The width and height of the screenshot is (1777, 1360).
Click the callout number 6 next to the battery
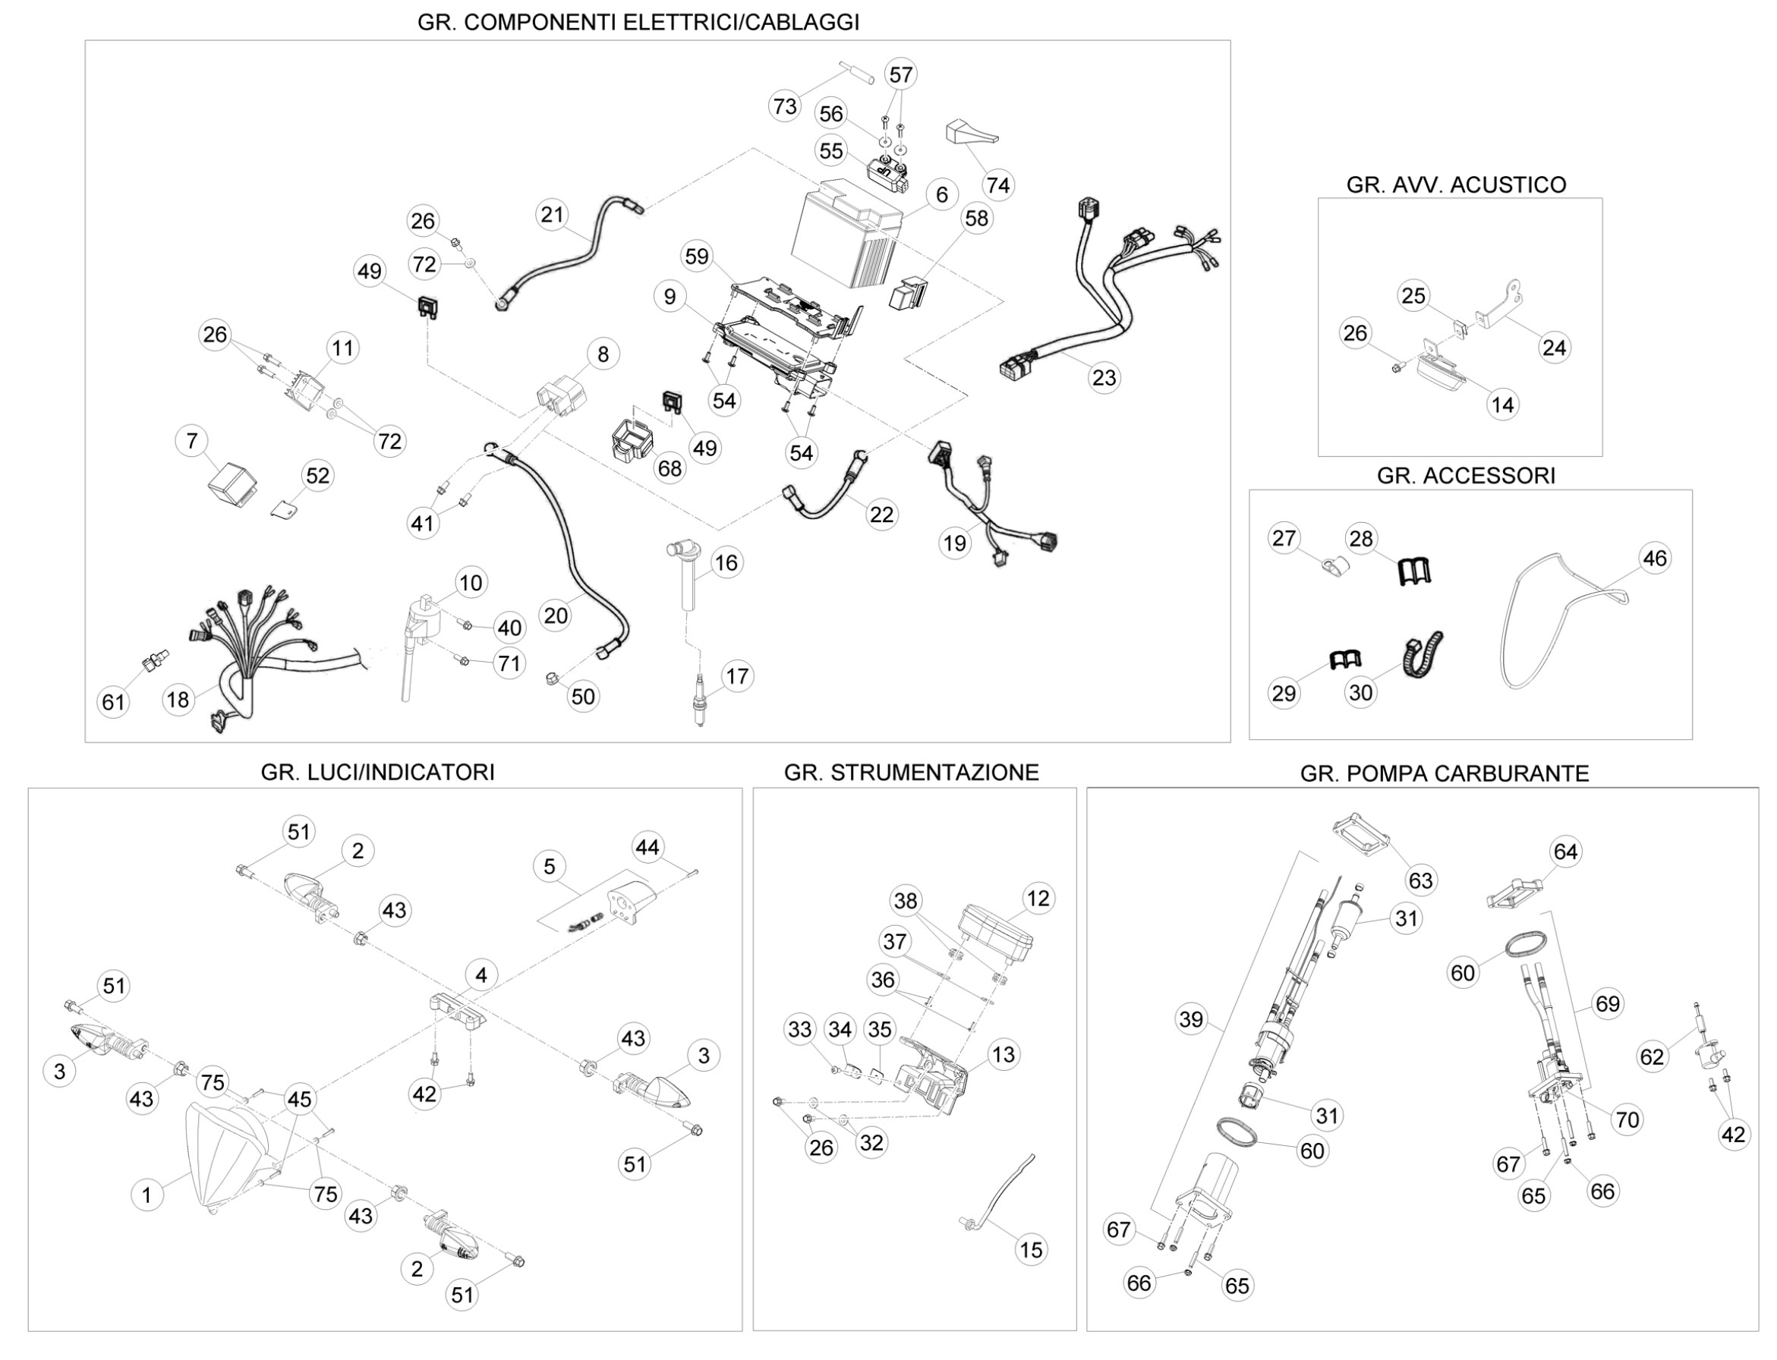(941, 195)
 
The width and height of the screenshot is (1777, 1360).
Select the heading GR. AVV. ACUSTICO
(1457, 184)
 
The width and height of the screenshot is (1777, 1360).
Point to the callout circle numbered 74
(998, 185)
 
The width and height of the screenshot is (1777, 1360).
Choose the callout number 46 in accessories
(1655, 558)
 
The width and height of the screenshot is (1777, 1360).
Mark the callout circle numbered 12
(1038, 898)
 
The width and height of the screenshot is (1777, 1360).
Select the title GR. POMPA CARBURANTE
(1445, 774)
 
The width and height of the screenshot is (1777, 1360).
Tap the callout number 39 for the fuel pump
(1191, 1018)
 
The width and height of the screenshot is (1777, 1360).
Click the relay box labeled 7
(229, 484)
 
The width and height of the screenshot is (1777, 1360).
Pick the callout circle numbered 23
(1104, 377)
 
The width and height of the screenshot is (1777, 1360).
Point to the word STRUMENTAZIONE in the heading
(934, 773)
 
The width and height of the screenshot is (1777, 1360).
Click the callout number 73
(784, 106)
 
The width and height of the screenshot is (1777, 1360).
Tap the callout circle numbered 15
(1031, 1249)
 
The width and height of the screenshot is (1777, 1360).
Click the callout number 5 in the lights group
(549, 866)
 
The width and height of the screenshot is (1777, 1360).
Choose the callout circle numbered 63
(1421, 880)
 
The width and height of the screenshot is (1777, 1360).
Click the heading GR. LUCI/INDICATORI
(377, 773)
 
